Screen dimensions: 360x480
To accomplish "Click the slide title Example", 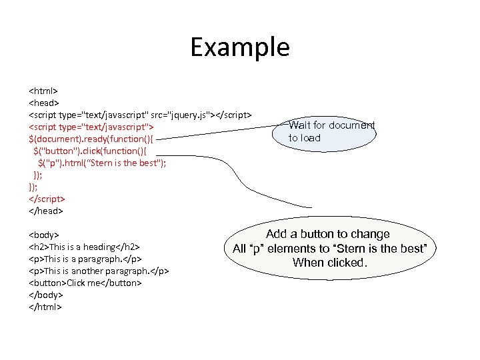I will tap(240, 48).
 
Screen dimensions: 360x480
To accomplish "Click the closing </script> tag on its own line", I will tap(47, 199).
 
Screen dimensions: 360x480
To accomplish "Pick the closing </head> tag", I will tap(45, 211).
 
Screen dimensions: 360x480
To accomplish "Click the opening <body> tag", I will tap(44, 235).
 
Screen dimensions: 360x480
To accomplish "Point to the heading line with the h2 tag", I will tap(84, 247).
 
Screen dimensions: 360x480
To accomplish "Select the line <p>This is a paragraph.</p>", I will tap(85, 259).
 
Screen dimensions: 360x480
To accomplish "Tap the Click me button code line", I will tap(85, 283).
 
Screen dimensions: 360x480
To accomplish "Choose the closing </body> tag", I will tap(45, 295).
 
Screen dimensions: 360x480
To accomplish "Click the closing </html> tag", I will tap(45, 307).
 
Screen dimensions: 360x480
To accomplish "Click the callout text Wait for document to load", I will tap(331, 131).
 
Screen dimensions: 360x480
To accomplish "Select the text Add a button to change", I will tap(328, 234).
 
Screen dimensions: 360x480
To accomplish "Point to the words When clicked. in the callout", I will tap(329, 263).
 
